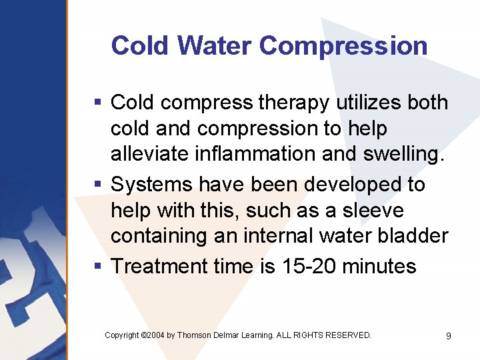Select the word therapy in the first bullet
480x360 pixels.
coord(291,103)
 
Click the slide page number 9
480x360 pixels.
coord(448,336)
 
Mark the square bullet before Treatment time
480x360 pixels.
coord(98,267)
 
